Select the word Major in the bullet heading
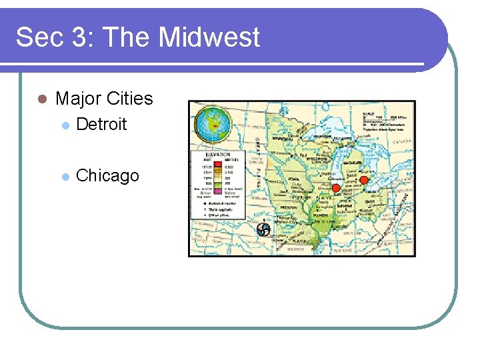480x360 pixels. tap(76, 99)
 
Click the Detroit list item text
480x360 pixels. tap(101, 124)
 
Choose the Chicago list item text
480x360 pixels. tap(107, 175)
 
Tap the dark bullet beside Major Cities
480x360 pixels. tap(41, 99)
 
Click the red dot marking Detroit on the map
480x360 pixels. tap(364, 180)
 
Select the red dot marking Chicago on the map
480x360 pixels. tap(336, 189)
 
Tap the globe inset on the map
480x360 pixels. tap(212, 125)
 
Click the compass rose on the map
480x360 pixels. tap(264, 230)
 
